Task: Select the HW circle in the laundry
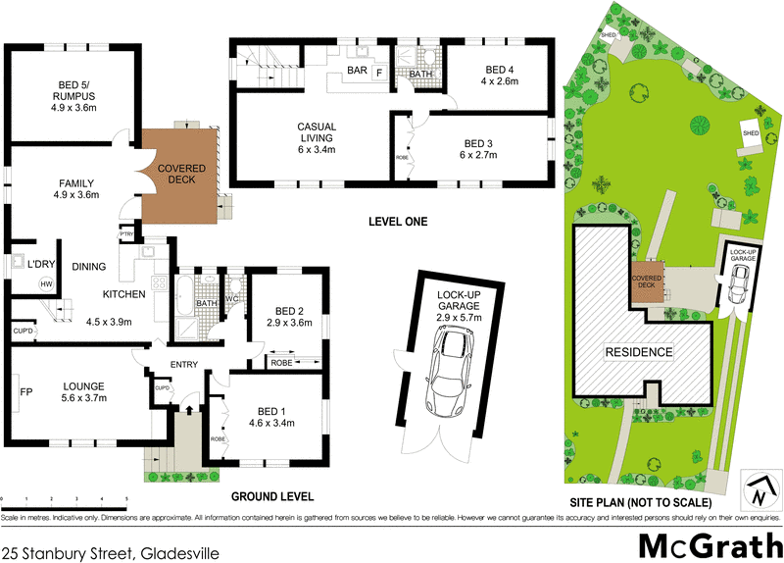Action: coord(45,283)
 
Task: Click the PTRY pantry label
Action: coord(126,234)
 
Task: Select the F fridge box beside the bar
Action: coord(379,73)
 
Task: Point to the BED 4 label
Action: coord(499,75)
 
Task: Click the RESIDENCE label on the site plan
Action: coord(638,352)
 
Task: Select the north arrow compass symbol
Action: coord(759,487)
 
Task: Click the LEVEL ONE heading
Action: coord(397,222)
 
